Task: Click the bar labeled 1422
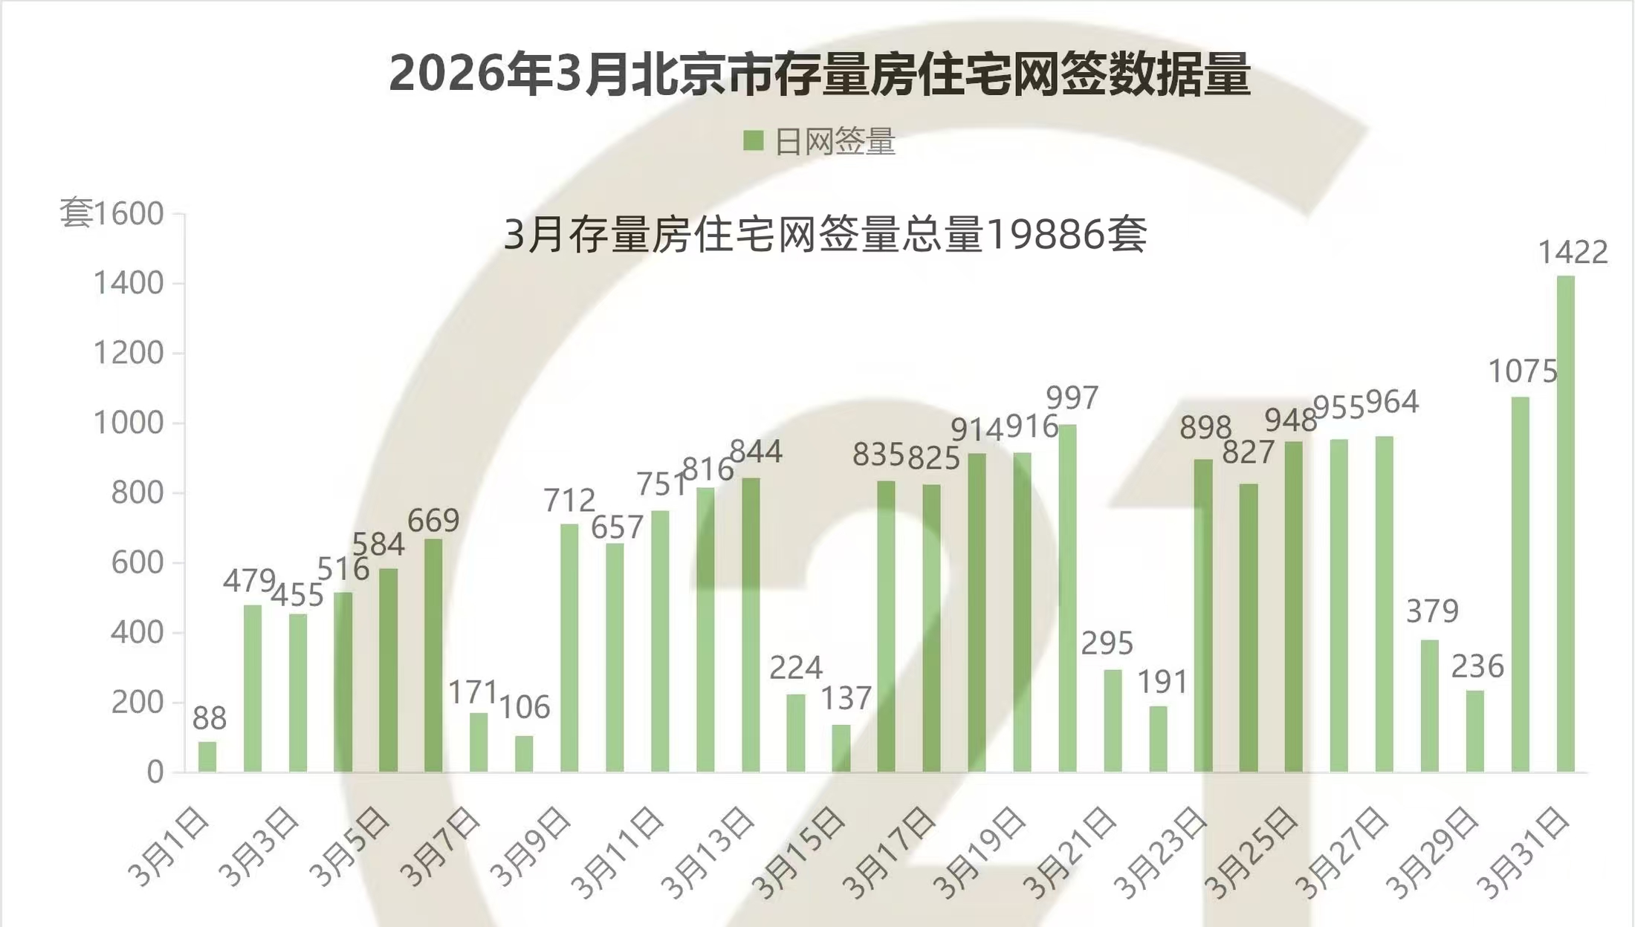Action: click(1565, 524)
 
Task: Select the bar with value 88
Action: click(207, 756)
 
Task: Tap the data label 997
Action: click(1072, 399)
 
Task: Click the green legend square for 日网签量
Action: click(754, 141)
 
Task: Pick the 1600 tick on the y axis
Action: click(129, 214)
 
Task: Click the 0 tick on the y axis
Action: click(155, 772)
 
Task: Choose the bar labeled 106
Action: click(524, 753)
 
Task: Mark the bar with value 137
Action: click(841, 748)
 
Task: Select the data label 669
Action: click(433, 521)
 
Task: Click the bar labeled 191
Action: click(1158, 738)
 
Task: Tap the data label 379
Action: click(1432, 611)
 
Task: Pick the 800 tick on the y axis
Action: click(137, 493)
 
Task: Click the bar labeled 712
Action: click(569, 648)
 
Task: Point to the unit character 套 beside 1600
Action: click(75, 213)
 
